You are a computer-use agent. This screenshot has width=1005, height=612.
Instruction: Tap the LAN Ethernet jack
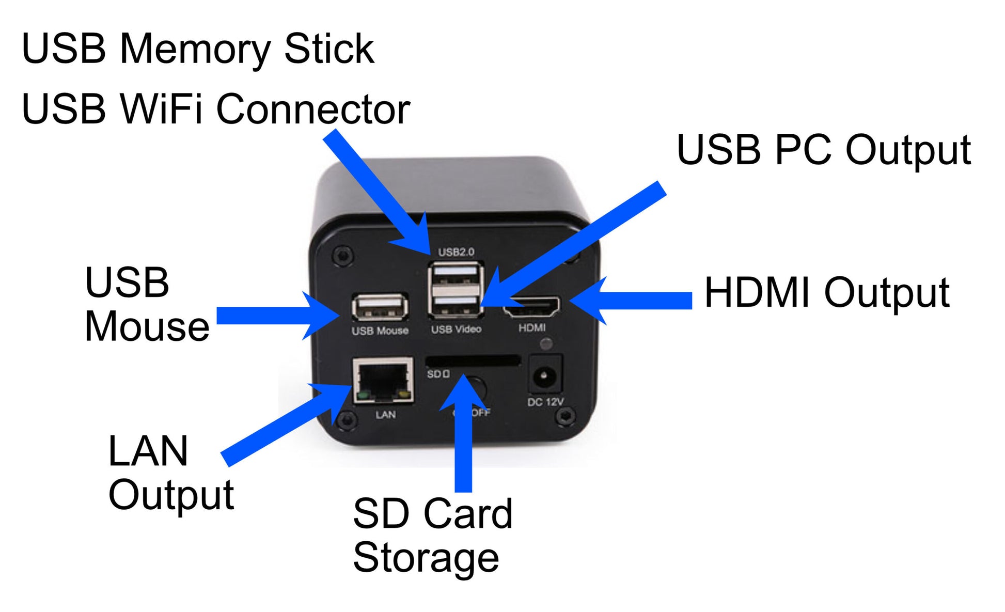tap(383, 380)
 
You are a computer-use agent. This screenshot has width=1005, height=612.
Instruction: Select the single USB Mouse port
tap(380, 307)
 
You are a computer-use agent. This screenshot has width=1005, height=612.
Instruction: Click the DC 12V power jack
tap(544, 375)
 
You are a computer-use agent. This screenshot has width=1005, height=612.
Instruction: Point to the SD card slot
tap(472, 360)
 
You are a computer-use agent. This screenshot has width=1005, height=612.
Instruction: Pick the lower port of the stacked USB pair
tap(456, 305)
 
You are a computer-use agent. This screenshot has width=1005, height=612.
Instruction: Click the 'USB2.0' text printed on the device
tap(456, 252)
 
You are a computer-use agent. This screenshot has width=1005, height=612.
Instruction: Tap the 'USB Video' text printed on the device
tap(456, 329)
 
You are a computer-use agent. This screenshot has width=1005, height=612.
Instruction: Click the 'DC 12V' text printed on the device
tap(545, 402)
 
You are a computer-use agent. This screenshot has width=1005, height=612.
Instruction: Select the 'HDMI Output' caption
tap(826, 293)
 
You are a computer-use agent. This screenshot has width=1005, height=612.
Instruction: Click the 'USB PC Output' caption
tap(824, 150)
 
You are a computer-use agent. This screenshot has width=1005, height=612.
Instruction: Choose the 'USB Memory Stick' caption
tap(198, 49)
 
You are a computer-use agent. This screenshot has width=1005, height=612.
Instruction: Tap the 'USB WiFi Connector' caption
tap(216, 109)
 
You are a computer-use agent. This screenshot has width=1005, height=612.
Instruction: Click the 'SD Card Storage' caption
tap(432, 536)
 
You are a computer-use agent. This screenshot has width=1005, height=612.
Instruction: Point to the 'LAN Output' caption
tap(170, 473)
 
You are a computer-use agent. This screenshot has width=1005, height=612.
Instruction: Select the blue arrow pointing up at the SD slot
tap(463, 439)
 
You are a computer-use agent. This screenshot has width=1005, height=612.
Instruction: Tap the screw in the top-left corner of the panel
tap(342, 255)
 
